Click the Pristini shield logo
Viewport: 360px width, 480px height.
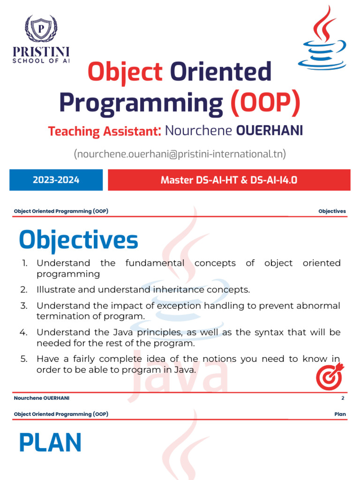point(41,29)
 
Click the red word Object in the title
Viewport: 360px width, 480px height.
point(125,72)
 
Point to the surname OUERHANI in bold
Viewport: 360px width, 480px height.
point(270,131)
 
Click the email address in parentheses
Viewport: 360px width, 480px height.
point(180,154)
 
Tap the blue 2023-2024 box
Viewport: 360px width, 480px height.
point(56,180)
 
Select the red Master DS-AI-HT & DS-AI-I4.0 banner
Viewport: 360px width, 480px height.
point(229,180)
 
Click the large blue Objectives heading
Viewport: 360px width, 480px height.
point(78,240)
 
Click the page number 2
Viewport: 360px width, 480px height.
point(343,398)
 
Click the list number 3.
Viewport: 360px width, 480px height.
point(24,306)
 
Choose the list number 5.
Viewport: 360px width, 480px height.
point(24,359)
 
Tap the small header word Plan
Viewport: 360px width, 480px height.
point(340,414)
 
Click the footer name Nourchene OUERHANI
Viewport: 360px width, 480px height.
point(42,398)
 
